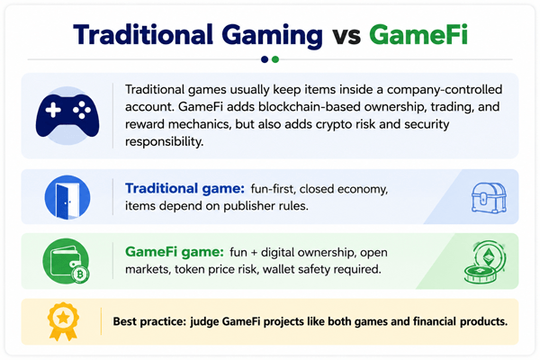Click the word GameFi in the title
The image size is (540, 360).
point(418,35)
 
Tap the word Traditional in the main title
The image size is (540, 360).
point(143,35)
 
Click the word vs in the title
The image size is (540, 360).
point(346,37)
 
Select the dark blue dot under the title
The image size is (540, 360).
point(265,59)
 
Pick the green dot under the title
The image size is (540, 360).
point(275,59)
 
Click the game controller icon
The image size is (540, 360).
point(67,115)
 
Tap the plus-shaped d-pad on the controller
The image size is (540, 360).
point(53,110)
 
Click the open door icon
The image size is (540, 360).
point(67,197)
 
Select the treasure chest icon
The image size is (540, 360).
point(489,197)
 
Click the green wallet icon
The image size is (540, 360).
point(66,261)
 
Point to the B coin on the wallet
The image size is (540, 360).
point(81,274)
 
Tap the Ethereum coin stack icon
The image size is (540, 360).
point(484,262)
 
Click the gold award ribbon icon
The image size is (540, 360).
point(63,321)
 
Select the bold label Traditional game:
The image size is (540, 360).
point(184,188)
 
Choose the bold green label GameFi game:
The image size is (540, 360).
point(175,252)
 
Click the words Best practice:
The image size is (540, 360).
point(149,321)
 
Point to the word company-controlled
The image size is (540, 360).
point(445,90)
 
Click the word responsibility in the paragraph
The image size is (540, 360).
point(164,141)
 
